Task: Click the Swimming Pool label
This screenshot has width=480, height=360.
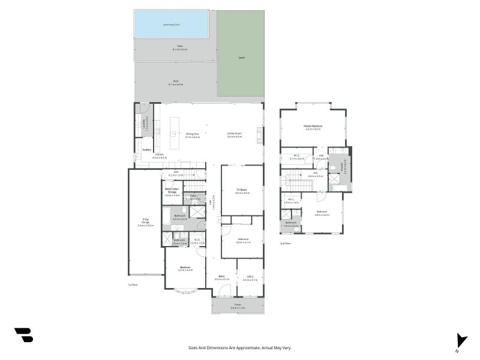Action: [171, 25]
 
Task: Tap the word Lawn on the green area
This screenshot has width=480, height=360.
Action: [241, 58]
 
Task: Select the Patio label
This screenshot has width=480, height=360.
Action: [179, 47]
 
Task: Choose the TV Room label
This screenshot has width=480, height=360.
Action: [242, 190]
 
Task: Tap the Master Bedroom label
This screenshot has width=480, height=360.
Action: [314, 127]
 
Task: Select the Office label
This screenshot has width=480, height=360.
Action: [250, 278]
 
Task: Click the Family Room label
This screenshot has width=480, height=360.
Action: [234, 134]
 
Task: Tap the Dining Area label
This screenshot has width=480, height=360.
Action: [192, 134]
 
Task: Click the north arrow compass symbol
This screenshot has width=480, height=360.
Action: [460, 340]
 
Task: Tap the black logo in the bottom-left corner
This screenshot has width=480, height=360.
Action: [24, 335]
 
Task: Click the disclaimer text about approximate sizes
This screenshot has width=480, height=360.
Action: [240, 347]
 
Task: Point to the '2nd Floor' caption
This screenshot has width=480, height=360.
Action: [285, 244]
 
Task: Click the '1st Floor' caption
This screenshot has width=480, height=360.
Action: [133, 284]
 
